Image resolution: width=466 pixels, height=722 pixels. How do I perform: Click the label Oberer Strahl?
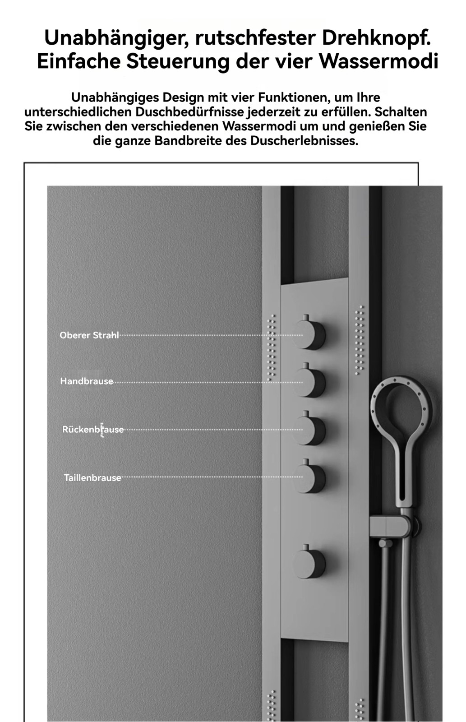pos(89,335)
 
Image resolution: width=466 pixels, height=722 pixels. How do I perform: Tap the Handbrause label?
pos(87,381)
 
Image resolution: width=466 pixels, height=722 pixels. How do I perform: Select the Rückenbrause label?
pos(93,430)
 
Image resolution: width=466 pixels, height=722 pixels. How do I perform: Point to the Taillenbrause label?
pos(92,478)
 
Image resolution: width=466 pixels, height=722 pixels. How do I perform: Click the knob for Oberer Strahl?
pos(310,335)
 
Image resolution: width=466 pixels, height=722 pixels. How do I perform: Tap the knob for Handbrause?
pos(310,383)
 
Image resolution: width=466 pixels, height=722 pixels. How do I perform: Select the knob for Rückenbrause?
pos(310,430)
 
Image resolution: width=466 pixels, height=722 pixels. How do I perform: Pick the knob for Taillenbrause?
pos(310,477)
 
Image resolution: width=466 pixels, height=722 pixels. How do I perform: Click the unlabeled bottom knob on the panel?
pos(310,563)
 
